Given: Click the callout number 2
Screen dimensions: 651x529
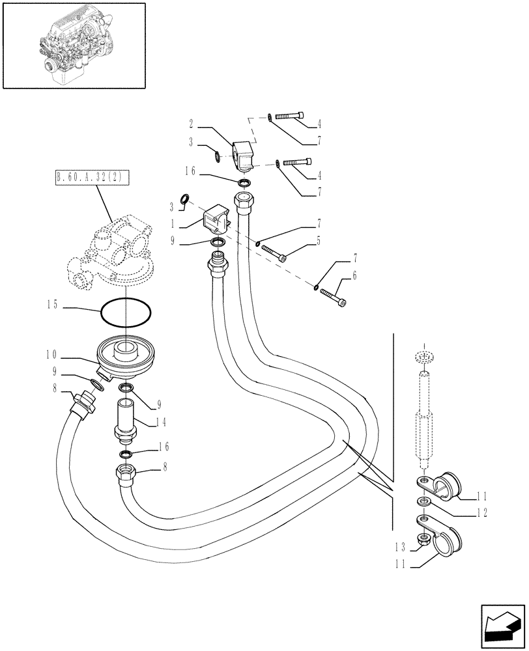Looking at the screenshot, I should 192,123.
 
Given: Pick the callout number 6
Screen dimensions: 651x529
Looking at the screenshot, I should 354,277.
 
